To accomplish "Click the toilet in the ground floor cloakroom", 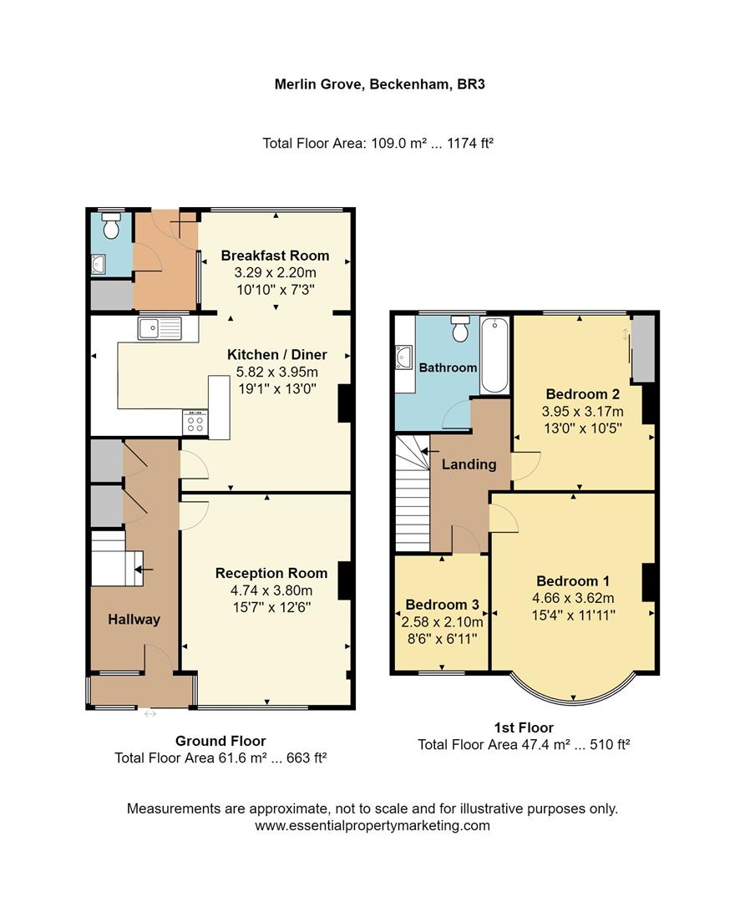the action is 110,225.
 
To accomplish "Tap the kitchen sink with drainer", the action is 160,328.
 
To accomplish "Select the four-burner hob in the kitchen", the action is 195,422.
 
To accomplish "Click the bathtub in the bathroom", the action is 494,354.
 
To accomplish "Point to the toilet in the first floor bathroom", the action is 459,328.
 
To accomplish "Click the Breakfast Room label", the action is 275,256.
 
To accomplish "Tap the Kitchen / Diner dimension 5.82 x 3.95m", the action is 277,372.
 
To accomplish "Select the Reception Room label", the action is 271,573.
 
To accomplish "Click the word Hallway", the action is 134,620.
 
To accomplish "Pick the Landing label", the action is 469,464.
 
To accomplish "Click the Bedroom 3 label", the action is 443,605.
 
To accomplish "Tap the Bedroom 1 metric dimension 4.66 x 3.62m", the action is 573,598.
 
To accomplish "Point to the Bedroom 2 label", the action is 583,394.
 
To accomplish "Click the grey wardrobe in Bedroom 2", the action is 643,348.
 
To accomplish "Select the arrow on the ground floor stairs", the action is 144,570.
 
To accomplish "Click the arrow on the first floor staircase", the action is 430,452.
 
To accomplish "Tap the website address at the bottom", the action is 372,825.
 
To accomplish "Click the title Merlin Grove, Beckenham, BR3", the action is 380,84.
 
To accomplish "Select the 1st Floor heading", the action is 524,727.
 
